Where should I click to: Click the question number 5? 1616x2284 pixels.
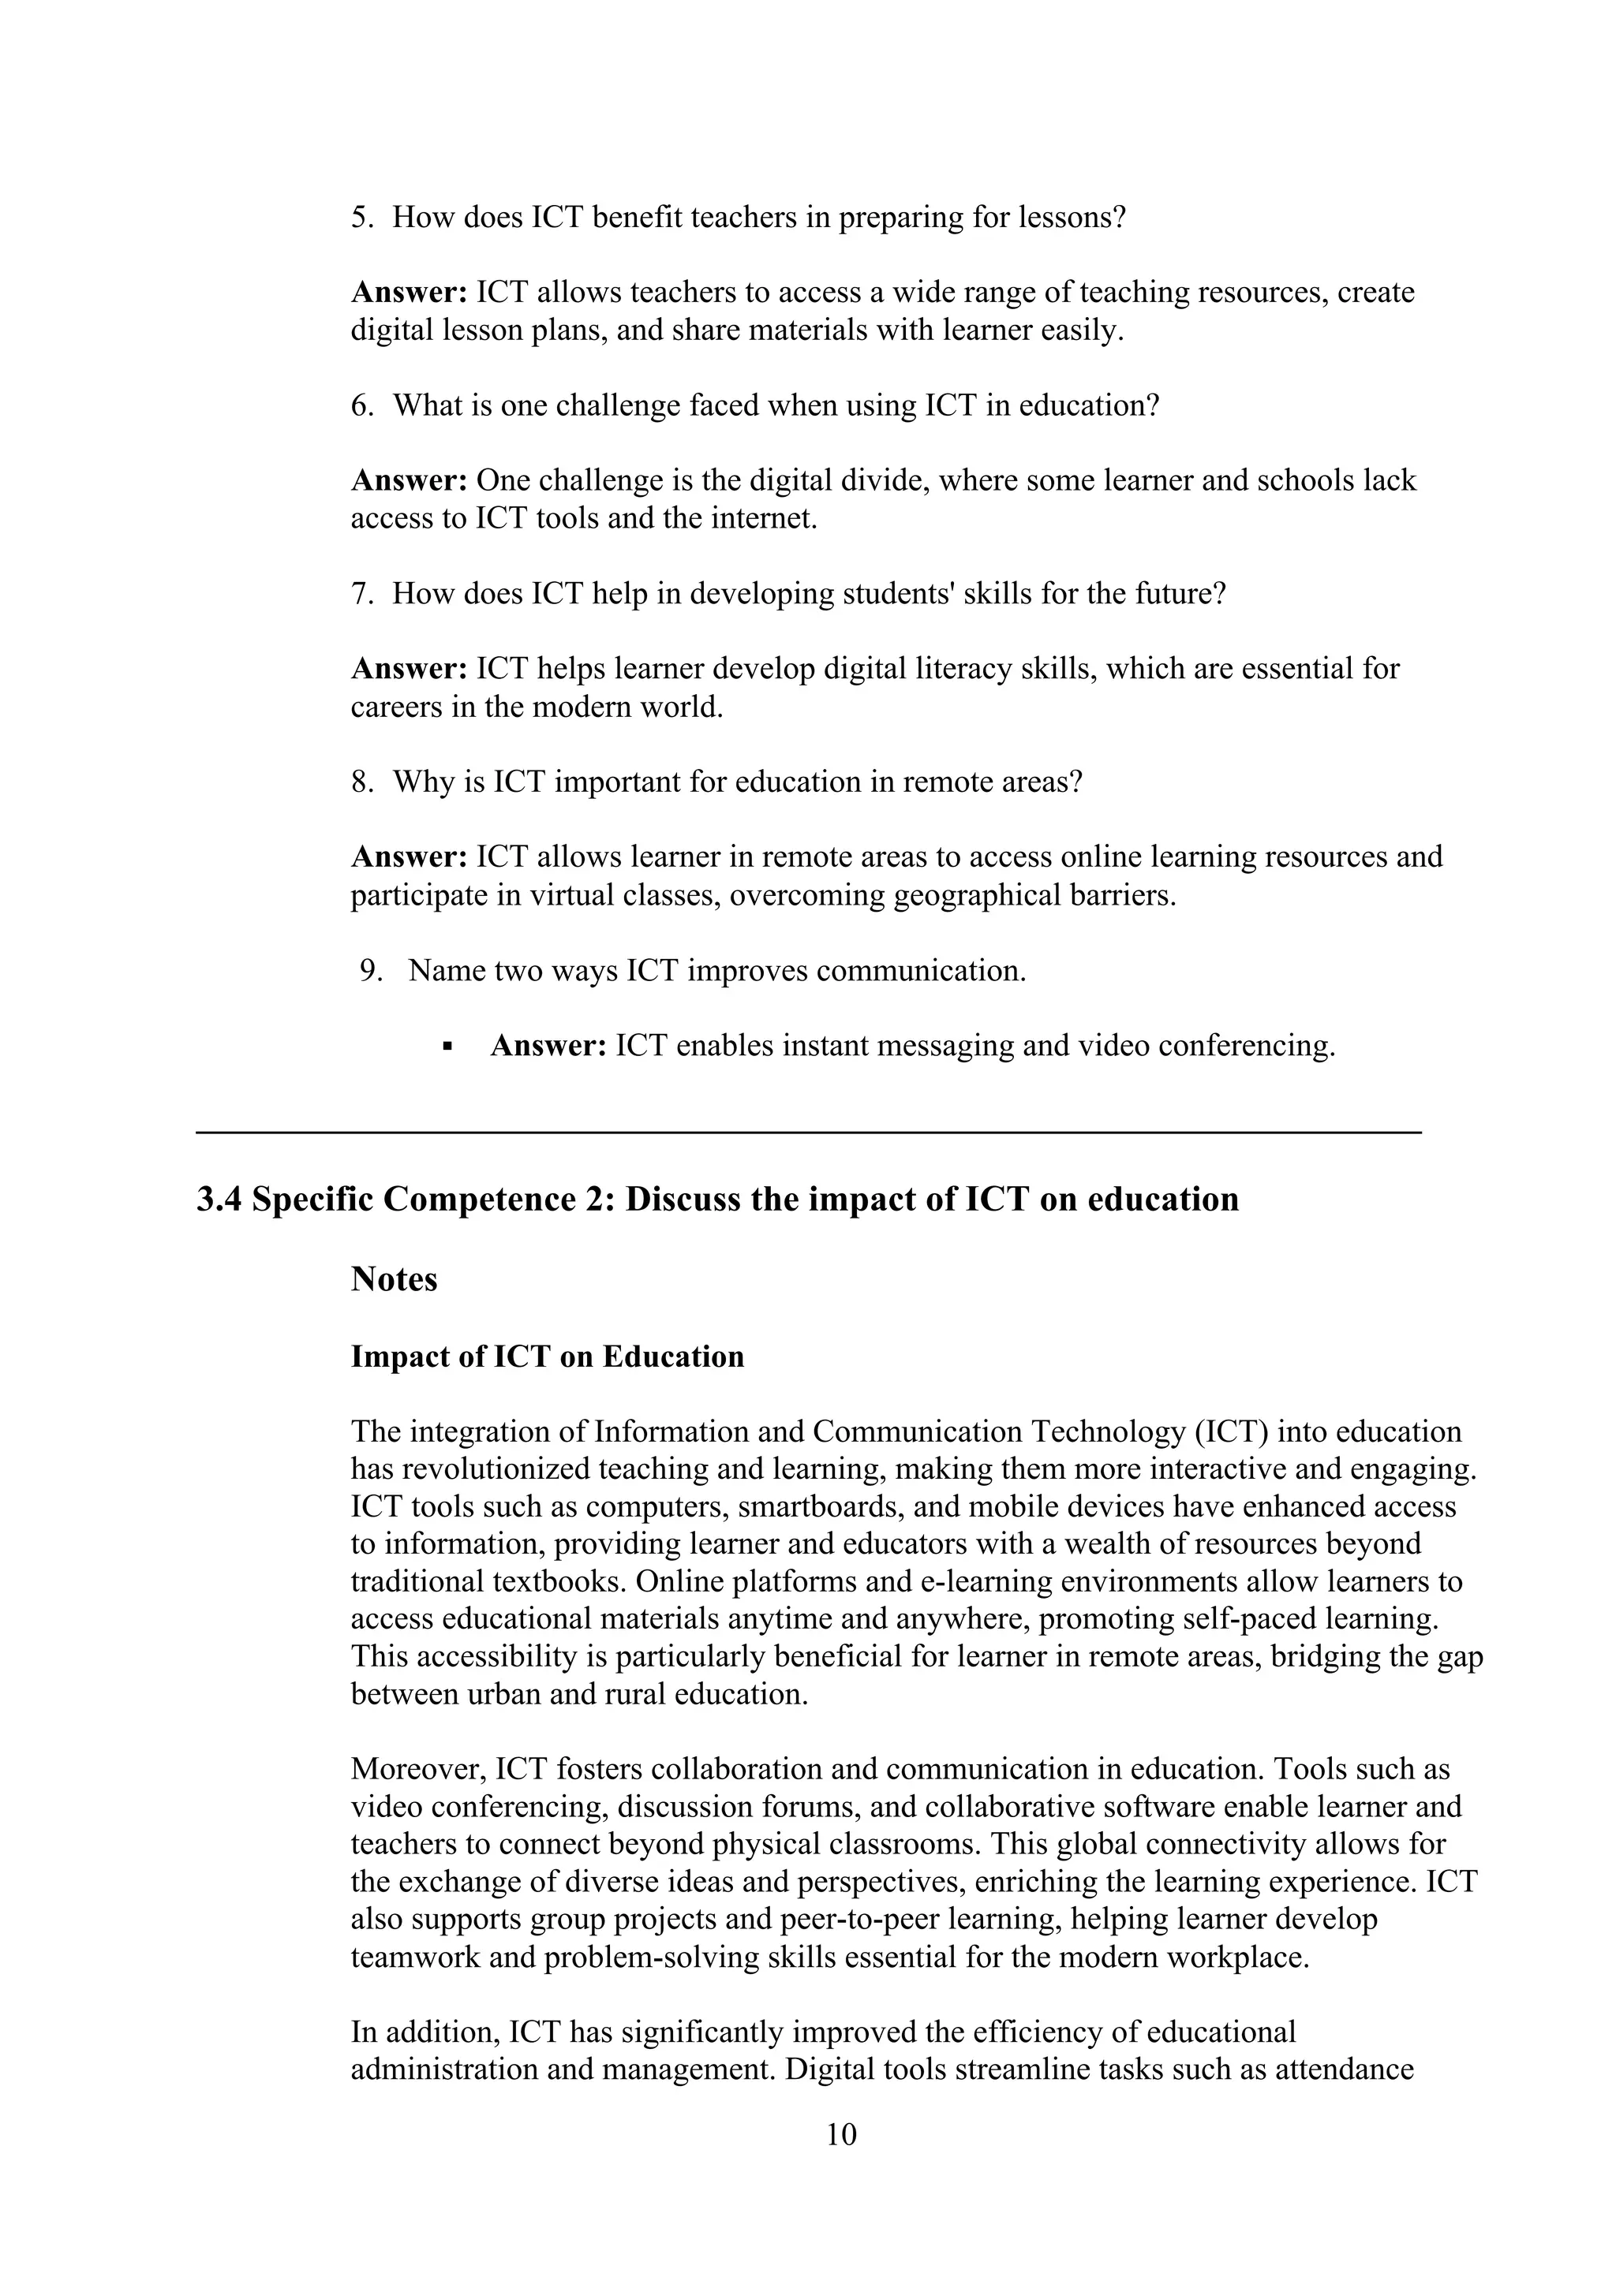(x=361, y=217)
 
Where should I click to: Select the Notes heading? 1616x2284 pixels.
(x=394, y=1278)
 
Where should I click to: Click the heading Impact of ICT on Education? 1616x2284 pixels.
(x=548, y=1357)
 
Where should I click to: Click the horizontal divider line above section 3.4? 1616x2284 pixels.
(x=808, y=1132)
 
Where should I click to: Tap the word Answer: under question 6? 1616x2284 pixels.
(x=409, y=480)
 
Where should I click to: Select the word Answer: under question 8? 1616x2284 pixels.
(x=409, y=856)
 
